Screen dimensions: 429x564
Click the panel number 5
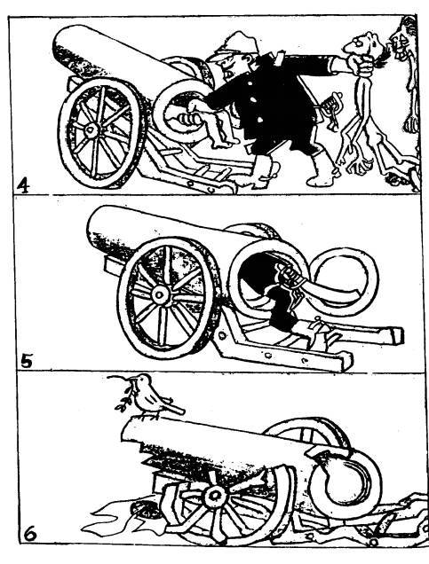coord(26,361)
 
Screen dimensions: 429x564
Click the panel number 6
coord(30,535)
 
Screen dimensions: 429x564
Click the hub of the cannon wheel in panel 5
coord(159,295)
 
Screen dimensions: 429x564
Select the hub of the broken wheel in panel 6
coord(216,496)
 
